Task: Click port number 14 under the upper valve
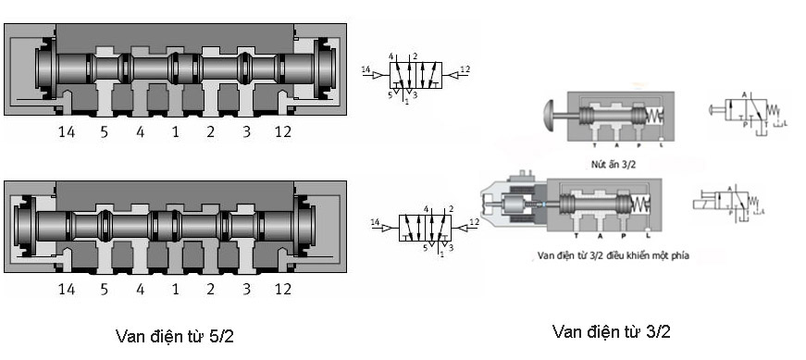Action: click(67, 131)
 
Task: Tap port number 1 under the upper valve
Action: click(175, 131)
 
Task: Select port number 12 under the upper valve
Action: click(282, 131)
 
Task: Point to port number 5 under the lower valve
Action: click(104, 290)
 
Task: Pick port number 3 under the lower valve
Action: click(246, 290)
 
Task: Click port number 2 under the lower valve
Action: click(210, 290)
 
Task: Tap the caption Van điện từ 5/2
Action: click(174, 335)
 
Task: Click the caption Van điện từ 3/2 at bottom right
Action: click(611, 331)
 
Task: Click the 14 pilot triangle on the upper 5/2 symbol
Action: click(375, 70)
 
